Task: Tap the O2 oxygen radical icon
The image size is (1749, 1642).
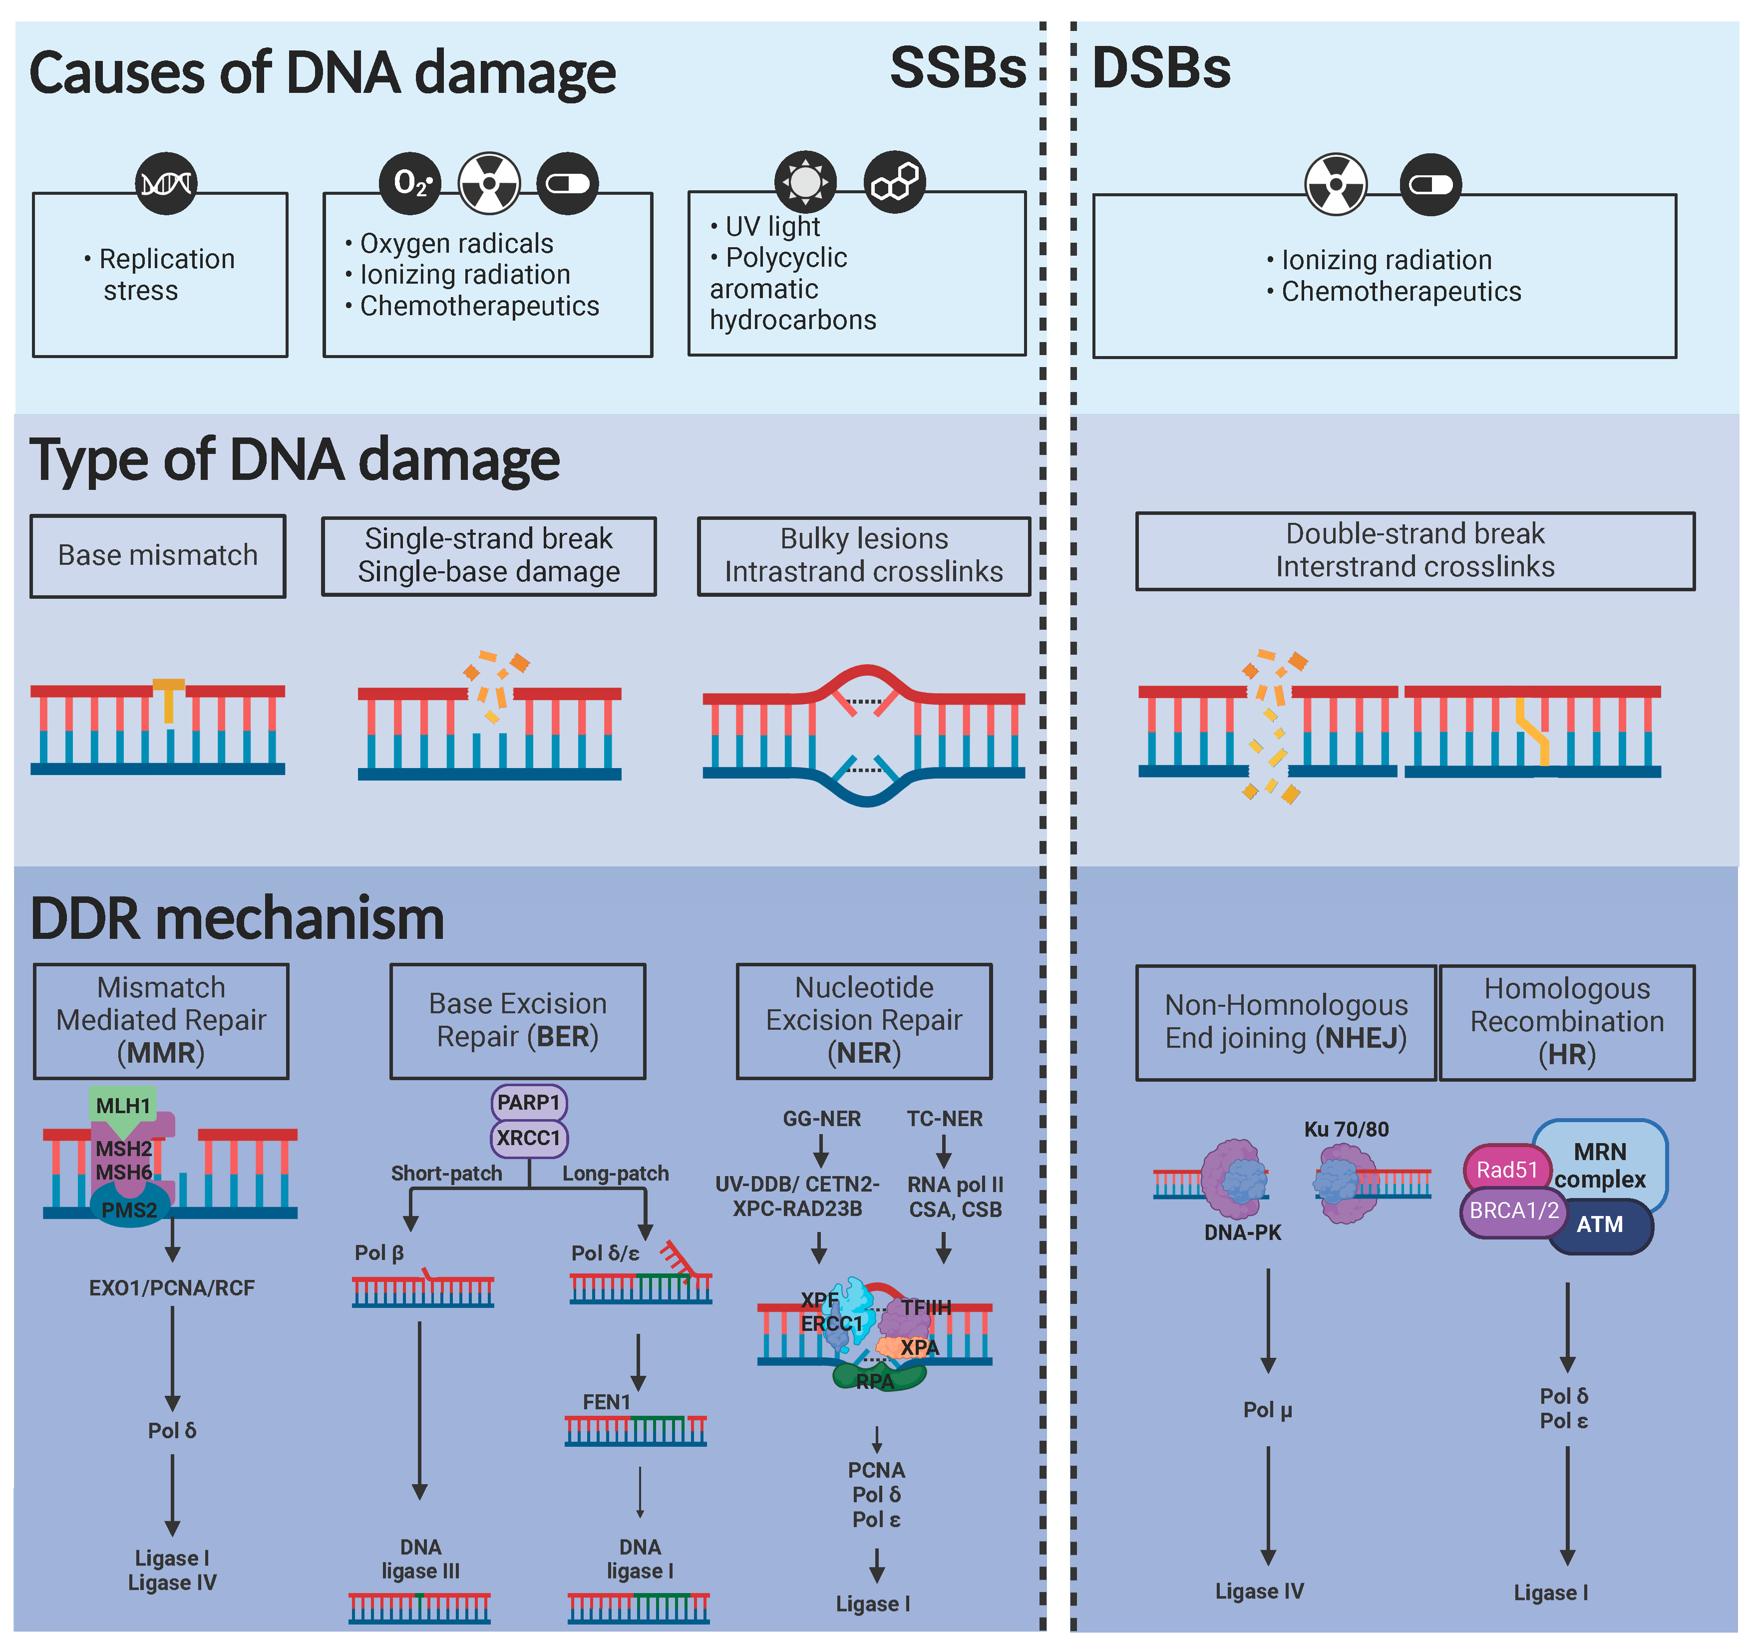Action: [x=410, y=183]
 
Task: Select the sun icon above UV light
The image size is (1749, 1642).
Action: [x=805, y=182]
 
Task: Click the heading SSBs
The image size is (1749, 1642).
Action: [x=957, y=68]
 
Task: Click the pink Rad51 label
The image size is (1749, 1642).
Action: [x=1506, y=1170]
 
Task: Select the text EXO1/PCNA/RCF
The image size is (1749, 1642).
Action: [x=172, y=1288]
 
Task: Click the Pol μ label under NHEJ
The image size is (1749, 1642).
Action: [x=1267, y=1410]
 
